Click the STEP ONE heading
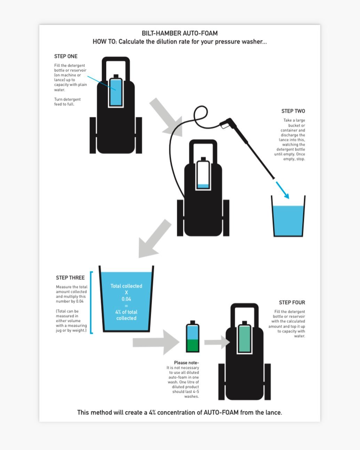(66, 56)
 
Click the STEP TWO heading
(293, 111)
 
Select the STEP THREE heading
(70, 278)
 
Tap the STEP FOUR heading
(292, 302)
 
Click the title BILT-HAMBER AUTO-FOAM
(180, 33)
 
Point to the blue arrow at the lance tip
(283, 190)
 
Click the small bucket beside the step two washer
(288, 218)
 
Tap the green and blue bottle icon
(193, 337)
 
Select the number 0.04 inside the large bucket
(126, 299)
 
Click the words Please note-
(186, 363)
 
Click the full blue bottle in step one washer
(116, 91)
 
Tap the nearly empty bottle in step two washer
(203, 175)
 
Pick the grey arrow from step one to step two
(167, 117)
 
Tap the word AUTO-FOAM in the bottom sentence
(221, 412)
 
